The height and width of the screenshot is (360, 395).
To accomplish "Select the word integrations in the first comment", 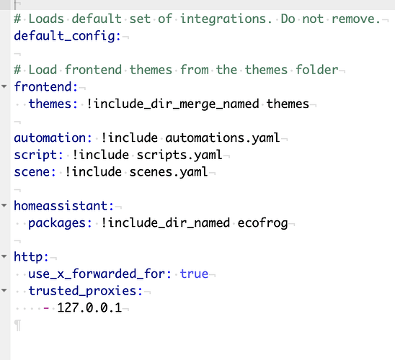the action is point(226,19).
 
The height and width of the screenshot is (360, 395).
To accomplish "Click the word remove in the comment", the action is point(355,19).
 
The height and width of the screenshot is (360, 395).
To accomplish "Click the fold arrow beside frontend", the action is point(4,86).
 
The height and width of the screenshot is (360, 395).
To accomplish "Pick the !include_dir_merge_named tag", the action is point(173,104).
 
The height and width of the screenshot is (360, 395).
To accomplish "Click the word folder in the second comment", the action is point(317,70).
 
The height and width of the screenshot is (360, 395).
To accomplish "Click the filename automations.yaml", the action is point(223,138).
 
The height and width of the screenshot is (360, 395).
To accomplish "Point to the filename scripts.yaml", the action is point(179,156).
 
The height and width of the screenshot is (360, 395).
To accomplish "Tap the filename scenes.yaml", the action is point(169,172).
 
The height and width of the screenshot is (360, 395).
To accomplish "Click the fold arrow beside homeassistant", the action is point(4,205).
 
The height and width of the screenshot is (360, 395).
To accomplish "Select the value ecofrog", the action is point(263,223).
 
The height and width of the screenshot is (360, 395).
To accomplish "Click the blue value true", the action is point(194,274).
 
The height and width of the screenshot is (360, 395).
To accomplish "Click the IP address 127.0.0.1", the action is point(89,307).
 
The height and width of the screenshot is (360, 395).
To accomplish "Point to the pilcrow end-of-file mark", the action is point(17,325).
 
